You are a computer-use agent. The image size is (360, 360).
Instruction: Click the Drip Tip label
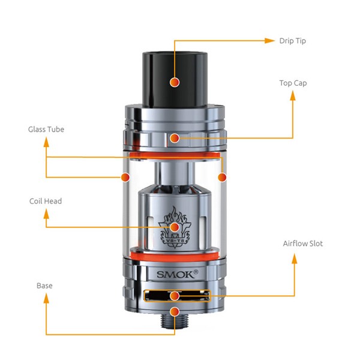[x=293, y=41]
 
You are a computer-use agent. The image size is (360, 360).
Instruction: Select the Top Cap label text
[x=293, y=83]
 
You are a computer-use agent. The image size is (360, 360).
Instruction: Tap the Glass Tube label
[x=46, y=129]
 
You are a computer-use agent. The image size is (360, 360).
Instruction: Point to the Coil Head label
[x=46, y=201]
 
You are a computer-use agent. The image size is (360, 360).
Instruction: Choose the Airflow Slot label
[x=303, y=244]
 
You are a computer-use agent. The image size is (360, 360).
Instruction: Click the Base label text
[x=44, y=286]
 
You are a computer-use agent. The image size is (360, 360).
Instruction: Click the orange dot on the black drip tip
[x=175, y=82]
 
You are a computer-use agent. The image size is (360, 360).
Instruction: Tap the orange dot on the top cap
[x=175, y=138]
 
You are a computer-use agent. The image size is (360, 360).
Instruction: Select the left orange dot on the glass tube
[x=125, y=177]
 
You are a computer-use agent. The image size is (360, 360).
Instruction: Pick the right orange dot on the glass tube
[x=222, y=177]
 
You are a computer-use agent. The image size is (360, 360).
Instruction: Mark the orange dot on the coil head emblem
[x=175, y=227]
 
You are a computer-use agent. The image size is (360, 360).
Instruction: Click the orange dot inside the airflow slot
[x=175, y=296]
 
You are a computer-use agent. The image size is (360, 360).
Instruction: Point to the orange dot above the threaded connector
[x=175, y=311]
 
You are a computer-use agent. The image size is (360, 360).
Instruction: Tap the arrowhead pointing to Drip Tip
[x=269, y=41]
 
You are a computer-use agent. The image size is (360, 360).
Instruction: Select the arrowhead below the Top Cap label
[x=293, y=95]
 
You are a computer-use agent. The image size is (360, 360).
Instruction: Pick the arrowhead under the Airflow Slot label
[x=295, y=259]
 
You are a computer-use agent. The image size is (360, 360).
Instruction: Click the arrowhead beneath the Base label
[x=46, y=298]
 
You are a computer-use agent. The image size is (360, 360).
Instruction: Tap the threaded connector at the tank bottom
[x=175, y=320]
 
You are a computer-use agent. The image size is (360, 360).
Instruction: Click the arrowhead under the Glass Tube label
[x=46, y=142]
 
